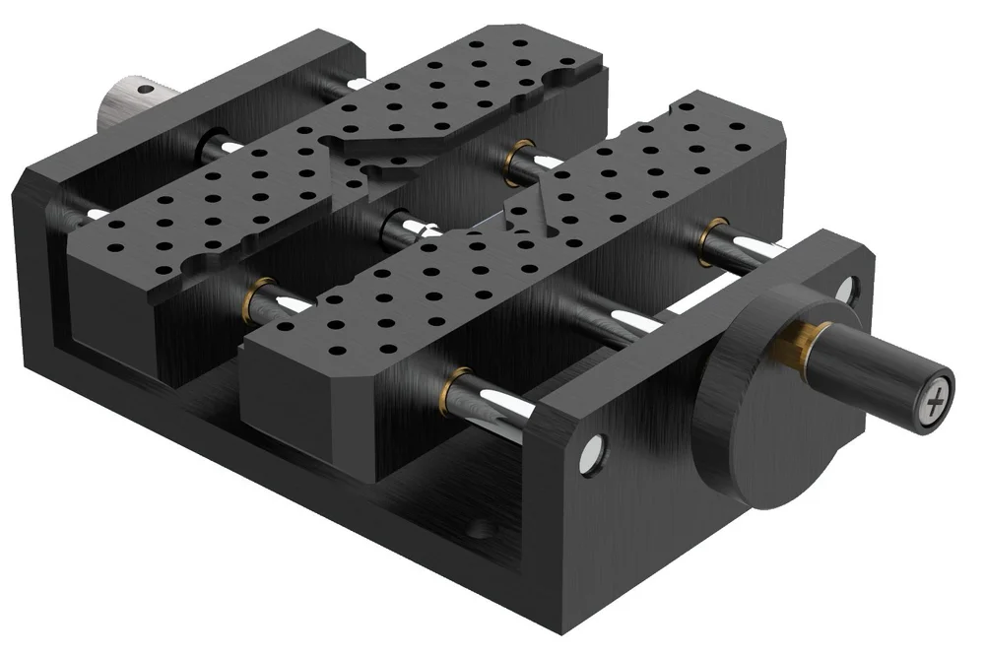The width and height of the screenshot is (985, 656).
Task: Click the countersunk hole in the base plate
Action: pyautogui.click(x=480, y=529)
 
